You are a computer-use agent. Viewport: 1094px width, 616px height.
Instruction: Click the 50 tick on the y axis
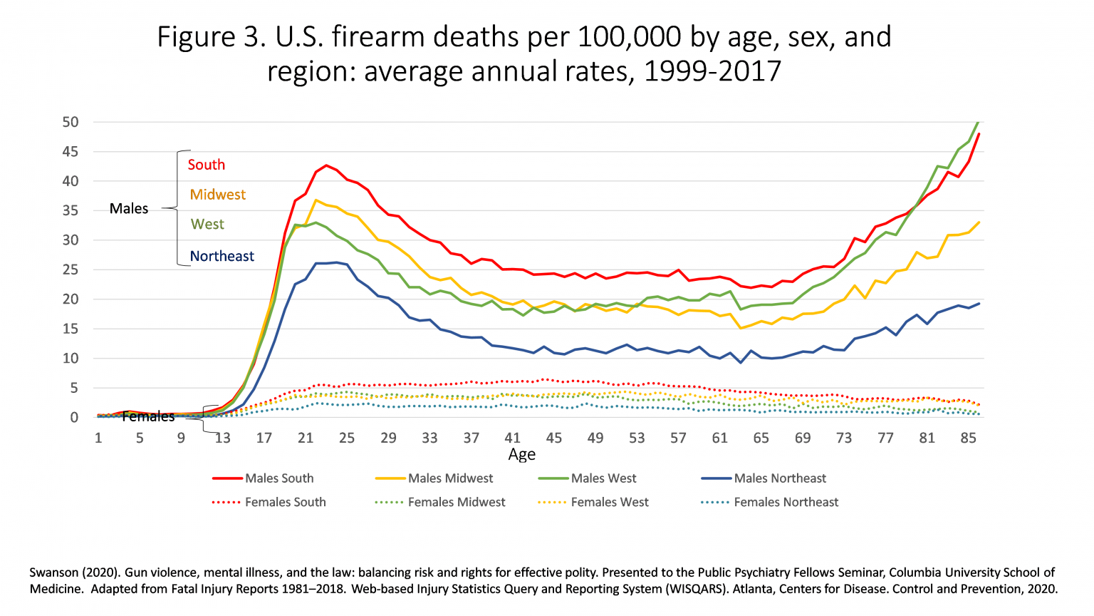click(x=70, y=122)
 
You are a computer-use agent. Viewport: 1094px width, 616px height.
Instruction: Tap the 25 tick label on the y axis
click(x=70, y=269)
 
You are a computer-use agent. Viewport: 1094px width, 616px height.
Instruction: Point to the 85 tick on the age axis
click(x=968, y=438)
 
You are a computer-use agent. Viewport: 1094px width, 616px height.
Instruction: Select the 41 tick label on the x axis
click(x=512, y=438)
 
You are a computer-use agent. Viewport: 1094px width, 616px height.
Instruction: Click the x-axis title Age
click(x=521, y=455)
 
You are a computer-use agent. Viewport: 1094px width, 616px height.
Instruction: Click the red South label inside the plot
click(x=207, y=165)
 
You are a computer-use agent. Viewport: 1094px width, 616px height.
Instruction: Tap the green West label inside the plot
click(x=207, y=224)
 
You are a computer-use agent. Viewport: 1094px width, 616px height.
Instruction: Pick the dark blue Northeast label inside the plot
click(x=222, y=256)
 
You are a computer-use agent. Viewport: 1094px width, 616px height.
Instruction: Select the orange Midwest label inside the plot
click(x=218, y=195)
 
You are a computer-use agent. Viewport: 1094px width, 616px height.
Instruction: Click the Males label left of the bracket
click(x=129, y=209)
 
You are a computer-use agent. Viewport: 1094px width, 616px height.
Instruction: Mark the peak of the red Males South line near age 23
click(x=326, y=165)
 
